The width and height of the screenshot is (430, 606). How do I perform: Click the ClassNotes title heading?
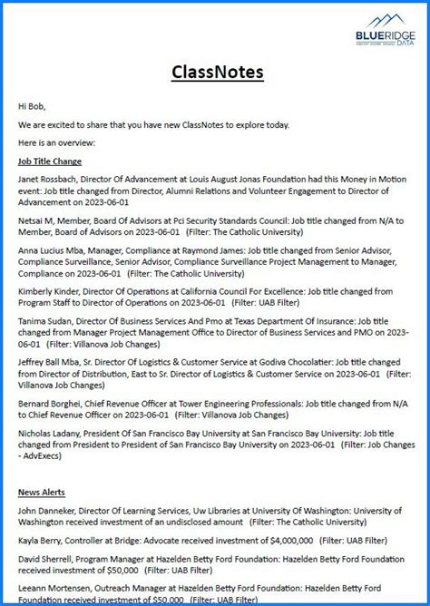(215, 71)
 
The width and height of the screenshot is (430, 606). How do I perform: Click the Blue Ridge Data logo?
(385, 30)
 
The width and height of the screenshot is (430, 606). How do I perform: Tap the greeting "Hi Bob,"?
(32, 106)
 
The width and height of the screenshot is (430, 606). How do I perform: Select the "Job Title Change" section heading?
(50, 161)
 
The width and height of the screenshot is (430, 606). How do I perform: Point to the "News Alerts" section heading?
(42, 492)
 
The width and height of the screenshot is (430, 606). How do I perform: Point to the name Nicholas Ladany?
(48, 432)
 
